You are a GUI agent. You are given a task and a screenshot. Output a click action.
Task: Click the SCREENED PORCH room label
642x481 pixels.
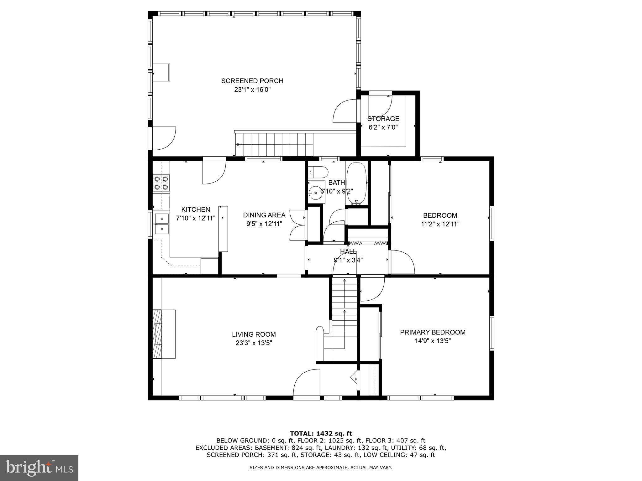point(252,81)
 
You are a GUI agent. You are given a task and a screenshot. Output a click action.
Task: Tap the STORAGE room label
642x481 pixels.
point(383,119)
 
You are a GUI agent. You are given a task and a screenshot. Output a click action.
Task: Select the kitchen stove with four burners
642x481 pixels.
point(161,183)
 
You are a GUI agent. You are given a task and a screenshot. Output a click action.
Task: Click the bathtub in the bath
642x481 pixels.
point(356,183)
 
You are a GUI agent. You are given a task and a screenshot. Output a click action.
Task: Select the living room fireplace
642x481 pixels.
point(164,334)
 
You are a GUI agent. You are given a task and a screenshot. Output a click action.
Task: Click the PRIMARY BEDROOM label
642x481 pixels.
point(432,332)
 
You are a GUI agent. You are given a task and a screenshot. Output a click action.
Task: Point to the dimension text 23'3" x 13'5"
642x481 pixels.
point(254,343)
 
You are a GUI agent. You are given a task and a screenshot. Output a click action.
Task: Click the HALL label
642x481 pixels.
point(348,251)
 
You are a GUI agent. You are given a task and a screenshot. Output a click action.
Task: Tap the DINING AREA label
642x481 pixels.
point(264,215)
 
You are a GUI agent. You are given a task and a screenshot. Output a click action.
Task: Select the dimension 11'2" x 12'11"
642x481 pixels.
point(440,224)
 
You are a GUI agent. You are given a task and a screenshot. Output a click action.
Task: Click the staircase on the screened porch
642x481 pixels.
point(274,144)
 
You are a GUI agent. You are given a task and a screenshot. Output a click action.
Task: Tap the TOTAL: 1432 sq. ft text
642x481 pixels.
point(321,434)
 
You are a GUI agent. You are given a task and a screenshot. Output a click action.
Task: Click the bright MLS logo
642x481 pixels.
point(39,468)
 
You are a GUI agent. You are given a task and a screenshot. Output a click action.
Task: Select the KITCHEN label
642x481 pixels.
point(196,209)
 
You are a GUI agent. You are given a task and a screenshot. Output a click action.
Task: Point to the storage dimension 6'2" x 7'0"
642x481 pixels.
point(383,127)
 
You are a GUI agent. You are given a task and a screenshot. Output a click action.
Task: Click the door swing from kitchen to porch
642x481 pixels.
point(214,172)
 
